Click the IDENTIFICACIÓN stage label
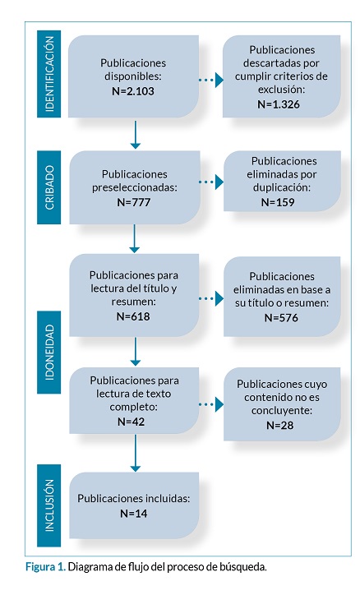point(49,74)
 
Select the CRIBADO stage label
point(49,187)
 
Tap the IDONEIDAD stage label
point(49,352)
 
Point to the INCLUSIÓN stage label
point(49,505)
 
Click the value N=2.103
point(133,91)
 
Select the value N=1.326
point(279,104)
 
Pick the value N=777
point(133,202)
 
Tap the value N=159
point(278,202)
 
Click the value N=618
point(133,316)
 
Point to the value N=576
point(281,317)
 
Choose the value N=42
point(132,422)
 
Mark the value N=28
point(280,425)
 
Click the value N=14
point(133,514)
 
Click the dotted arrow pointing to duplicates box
point(211,182)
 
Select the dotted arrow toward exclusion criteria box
point(211,80)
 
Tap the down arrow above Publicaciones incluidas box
point(135,453)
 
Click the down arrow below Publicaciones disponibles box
point(135,135)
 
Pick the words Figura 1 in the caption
point(45,567)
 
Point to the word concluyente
point(281,411)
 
